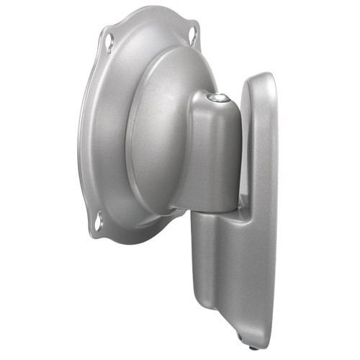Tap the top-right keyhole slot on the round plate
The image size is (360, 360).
tap(193, 32)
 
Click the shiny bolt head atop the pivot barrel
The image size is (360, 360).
tap(214, 96)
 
